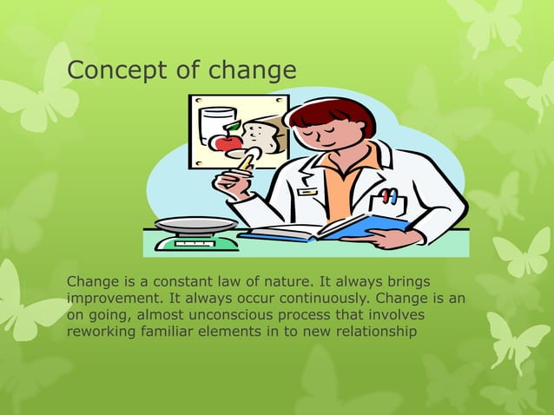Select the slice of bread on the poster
click(x=260, y=136)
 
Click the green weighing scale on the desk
click(x=195, y=234)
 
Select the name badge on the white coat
click(x=307, y=191)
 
